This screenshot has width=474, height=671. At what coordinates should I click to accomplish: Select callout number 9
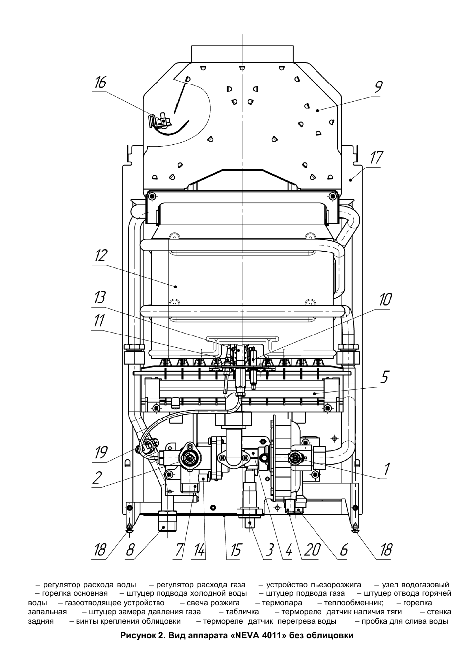(378, 87)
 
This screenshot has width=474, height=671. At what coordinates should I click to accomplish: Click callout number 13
(100, 298)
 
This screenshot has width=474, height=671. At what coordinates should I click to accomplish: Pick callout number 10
(385, 299)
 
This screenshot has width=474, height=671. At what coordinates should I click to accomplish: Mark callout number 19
(101, 452)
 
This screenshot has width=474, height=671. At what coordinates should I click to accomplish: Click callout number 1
(387, 469)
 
